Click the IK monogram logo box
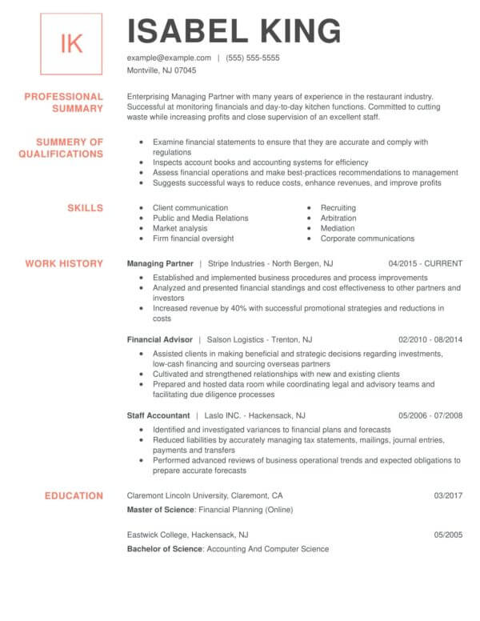[71, 43]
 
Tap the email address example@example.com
[169, 58]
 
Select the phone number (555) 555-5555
[253, 58]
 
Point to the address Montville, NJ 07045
[162, 70]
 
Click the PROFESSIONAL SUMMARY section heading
[74, 102]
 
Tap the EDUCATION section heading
[74, 495]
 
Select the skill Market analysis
[181, 228]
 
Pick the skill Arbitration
[338, 218]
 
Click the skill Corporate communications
[367, 238]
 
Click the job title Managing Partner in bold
[160, 262]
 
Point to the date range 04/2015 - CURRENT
[426, 262]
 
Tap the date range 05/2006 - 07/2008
[430, 416]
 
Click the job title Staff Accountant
[158, 416]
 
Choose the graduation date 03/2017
[448, 495]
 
